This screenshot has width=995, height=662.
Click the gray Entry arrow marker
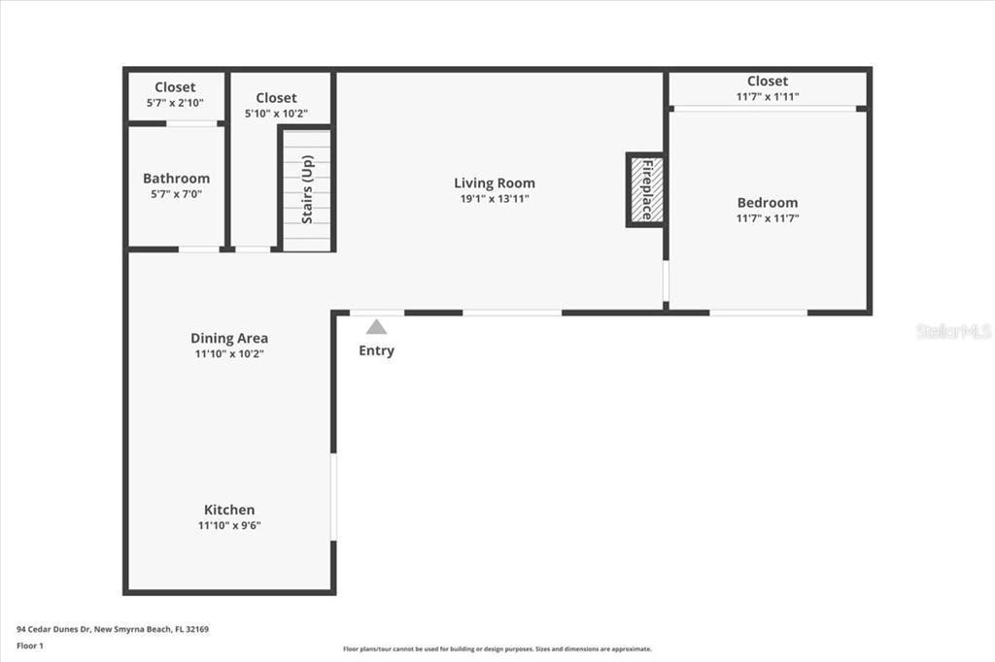(x=376, y=326)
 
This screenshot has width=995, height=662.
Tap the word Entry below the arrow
(x=376, y=350)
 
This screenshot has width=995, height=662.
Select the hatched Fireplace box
(x=646, y=189)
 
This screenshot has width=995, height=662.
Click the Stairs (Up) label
(x=307, y=189)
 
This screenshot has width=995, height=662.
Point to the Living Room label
(x=495, y=183)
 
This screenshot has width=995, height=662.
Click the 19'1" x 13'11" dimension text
(x=495, y=198)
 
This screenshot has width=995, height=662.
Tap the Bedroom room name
(x=768, y=203)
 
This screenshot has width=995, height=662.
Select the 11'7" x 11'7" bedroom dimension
(x=768, y=218)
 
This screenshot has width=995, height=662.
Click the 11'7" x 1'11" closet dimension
(x=768, y=96)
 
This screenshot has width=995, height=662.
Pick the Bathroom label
(x=177, y=179)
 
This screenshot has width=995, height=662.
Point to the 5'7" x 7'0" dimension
(x=177, y=194)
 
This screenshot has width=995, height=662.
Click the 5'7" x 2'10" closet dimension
(x=175, y=103)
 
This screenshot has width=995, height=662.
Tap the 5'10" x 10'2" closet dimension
(x=276, y=114)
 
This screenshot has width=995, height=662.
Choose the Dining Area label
(x=229, y=339)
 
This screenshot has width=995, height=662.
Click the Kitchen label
(x=229, y=510)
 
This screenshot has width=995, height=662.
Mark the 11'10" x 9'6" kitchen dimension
(x=229, y=525)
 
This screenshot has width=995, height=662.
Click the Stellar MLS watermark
(x=954, y=331)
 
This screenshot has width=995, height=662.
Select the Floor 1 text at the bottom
(x=30, y=645)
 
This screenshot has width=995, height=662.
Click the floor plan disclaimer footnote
(x=497, y=648)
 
